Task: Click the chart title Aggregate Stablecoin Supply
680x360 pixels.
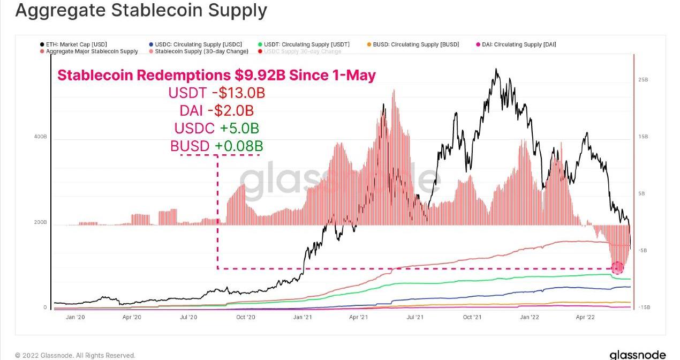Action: pyautogui.click(x=141, y=11)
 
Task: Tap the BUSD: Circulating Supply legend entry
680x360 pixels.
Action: pyautogui.click(x=415, y=44)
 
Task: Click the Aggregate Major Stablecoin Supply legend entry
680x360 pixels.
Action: pyautogui.click(x=92, y=51)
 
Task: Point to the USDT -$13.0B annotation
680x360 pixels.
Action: pyautogui.click(x=217, y=93)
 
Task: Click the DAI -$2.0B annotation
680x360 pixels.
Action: pyautogui.click(x=217, y=111)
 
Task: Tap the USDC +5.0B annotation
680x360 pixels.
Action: pyautogui.click(x=217, y=129)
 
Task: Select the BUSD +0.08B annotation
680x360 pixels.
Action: pyautogui.click(x=217, y=146)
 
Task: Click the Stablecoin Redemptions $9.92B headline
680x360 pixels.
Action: pyautogui.click(x=216, y=76)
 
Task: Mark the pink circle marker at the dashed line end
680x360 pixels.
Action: pyautogui.click(x=617, y=267)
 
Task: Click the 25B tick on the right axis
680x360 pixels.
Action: pyautogui.click(x=643, y=80)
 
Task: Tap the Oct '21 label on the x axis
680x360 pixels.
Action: pyautogui.click(x=472, y=317)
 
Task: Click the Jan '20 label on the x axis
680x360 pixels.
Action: pyautogui.click(x=75, y=317)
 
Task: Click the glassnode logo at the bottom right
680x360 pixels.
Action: pyautogui.click(x=637, y=355)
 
